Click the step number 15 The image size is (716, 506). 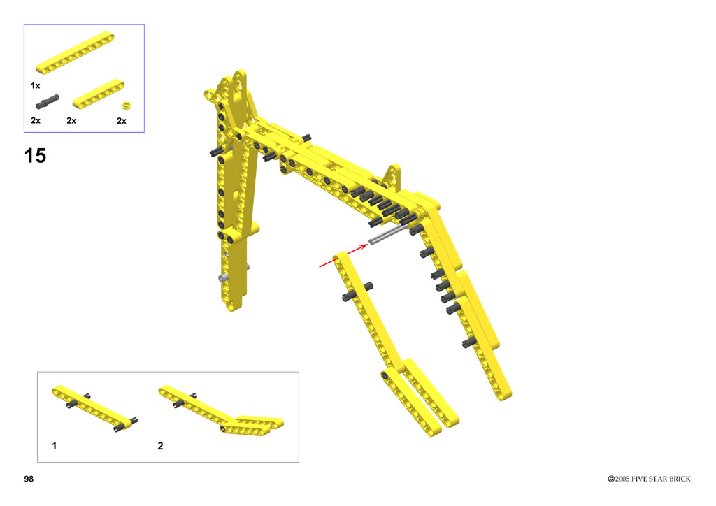click(35, 156)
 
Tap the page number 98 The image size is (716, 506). click(29, 479)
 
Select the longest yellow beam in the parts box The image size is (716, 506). click(76, 52)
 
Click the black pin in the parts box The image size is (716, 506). click(48, 102)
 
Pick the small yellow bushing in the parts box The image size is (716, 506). click(127, 106)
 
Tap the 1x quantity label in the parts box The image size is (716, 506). click(35, 85)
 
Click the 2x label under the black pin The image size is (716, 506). click(36, 120)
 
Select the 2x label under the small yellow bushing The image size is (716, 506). click(122, 120)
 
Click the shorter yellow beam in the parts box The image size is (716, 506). click(99, 94)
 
